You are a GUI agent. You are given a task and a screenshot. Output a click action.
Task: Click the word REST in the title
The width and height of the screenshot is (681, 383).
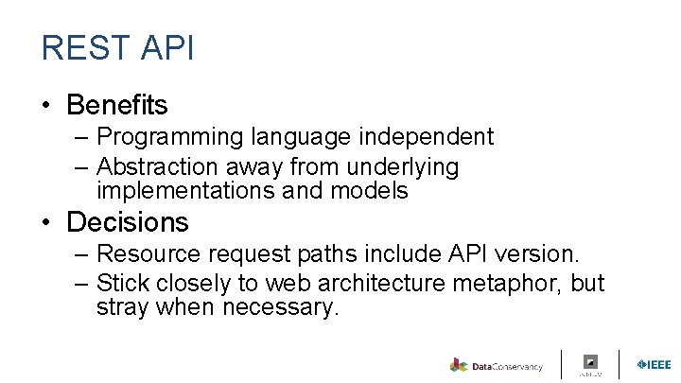coord(78,48)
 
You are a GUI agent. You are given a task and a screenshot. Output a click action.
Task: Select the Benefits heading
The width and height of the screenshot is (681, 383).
coord(117,104)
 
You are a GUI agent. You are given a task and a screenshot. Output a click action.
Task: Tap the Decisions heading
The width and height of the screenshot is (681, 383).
coord(128,222)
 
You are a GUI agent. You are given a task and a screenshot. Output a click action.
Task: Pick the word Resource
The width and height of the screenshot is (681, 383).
coord(144,254)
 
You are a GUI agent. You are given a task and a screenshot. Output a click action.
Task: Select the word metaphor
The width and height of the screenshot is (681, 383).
coord(512,284)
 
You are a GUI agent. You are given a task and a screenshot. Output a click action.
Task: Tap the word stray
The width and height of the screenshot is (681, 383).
coord(122,308)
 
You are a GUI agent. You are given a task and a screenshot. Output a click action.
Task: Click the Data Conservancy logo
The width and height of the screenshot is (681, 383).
coord(497,365)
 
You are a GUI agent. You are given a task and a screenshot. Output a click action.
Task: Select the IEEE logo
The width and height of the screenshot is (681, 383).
coord(654,364)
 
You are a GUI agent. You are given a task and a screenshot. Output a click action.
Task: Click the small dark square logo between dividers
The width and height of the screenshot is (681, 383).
coord(590,361)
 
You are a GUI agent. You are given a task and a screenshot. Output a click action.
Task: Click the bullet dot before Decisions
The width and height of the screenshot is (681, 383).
coord(46,223)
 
